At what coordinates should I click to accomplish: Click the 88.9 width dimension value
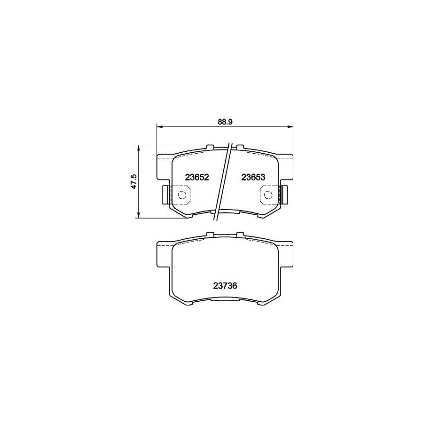tap(225, 121)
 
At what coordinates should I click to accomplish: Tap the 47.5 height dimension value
tap(134, 181)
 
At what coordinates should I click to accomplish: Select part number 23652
tap(197, 177)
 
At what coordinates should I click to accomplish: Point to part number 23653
tap(254, 177)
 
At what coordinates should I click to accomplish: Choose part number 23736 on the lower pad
tap(225, 284)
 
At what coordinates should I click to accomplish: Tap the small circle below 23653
tap(267, 195)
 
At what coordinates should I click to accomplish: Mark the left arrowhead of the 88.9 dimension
tap(159, 126)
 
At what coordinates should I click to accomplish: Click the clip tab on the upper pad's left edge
tap(165, 195)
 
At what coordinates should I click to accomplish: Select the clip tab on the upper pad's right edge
tap(284, 195)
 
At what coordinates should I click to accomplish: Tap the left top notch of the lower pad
tap(210, 234)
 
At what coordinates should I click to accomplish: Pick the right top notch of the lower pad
tap(240, 234)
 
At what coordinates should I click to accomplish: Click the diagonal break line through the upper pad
tap(223, 181)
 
